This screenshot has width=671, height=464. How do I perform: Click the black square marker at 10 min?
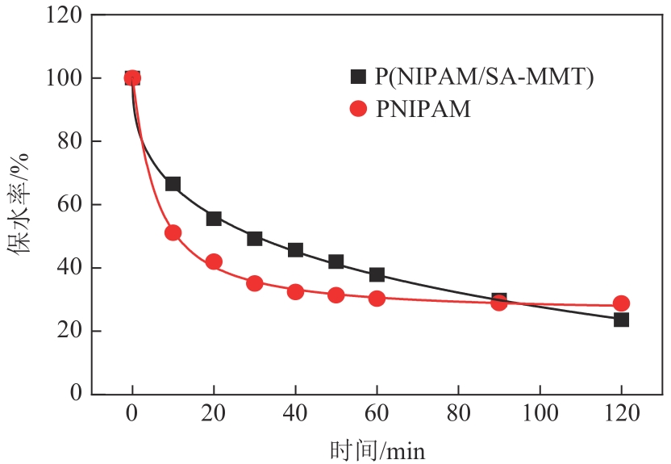173,184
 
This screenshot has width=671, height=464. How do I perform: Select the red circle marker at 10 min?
173,232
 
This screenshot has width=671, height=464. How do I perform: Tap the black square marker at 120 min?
621,320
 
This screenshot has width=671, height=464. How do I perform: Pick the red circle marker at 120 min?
621,303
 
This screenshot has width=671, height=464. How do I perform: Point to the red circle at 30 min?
255,283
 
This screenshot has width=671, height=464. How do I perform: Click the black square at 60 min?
377,274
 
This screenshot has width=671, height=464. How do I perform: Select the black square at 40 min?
295,250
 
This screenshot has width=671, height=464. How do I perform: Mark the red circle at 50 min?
336,295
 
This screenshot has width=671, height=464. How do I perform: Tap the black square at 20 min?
214,219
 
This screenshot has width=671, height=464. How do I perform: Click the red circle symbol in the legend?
358,109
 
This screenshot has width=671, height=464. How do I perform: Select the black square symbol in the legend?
358,77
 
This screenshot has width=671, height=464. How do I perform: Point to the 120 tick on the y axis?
64,15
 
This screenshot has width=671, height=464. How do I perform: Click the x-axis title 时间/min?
377,449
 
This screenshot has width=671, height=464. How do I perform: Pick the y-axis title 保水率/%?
19,205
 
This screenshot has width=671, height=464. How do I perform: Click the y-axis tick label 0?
77,394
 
